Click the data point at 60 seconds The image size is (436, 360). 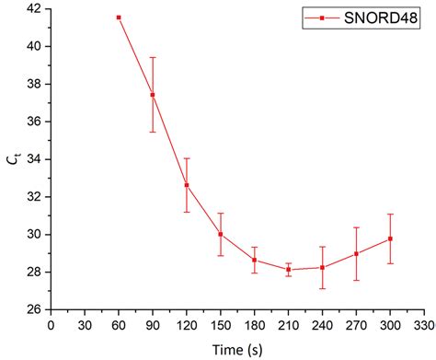pyautogui.click(x=119, y=17)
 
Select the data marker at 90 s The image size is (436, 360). pyautogui.click(x=153, y=95)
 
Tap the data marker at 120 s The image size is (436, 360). pyautogui.click(x=187, y=185)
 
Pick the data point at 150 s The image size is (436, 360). pyautogui.click(x=221, y=234)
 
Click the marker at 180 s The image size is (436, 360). pyautogui.click(x=255, y=260)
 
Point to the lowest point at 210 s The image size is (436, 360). pyautogui.click(x=289, y=270)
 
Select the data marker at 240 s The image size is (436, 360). pyautogui.click(x=322, y=268)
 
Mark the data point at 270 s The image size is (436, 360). pyautogui.click(x=356, y=253)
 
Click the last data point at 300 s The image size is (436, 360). pyautogui.click(x=390, y=238)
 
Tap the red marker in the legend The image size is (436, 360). pyautogui.click(x=322, y=17)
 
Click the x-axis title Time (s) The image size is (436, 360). pyautogui.click(x=236, y=349)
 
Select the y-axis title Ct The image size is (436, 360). pyautogui.click(x=13, y=160)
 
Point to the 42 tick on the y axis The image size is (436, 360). pyautogui.click(x=33, y=8)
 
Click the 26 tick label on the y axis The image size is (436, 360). pyautogui.click(x=33, y=310)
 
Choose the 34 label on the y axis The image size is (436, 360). pyautogui.click(x=33, y=159)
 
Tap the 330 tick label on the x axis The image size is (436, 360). pyautogui.click(x=424, y=324)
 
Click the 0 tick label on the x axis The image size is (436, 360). pyautogui.click(x=51, y=324)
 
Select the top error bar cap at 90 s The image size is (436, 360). pyautogui.click(x=153, y=57)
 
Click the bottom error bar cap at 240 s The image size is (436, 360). pyautogui.click(x=322, y=289)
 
